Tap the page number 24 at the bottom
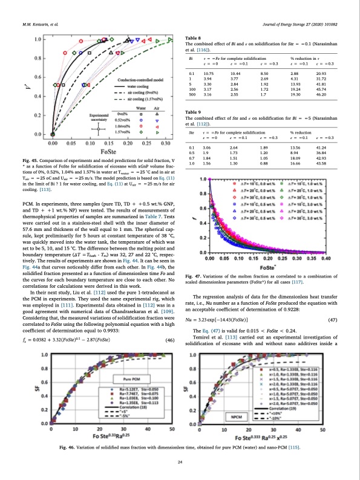[x=180, y=462]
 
